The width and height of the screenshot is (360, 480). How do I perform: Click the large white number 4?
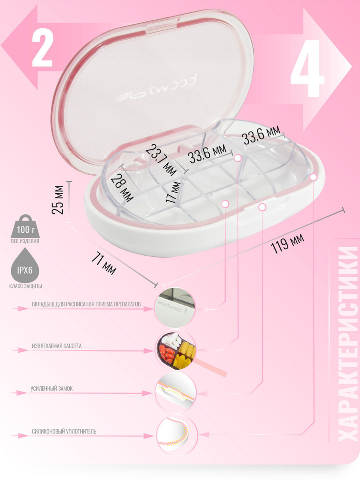tap(307, 68)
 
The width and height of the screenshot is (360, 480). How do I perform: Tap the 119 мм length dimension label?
tap(287, 243)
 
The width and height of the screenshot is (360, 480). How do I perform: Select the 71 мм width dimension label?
tap(104, 263)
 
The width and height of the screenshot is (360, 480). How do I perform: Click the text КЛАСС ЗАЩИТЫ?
tap(26, 286)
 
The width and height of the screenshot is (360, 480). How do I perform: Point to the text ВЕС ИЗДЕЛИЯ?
tap(25, 241)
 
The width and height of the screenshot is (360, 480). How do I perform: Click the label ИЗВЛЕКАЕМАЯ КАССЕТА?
tap(57, 346)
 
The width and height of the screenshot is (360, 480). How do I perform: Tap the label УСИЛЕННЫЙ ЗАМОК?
tap(52, 388)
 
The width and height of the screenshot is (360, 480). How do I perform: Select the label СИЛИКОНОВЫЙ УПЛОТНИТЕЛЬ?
tap(64, 432)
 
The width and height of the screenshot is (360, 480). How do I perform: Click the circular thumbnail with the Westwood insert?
tap(175, 308)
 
